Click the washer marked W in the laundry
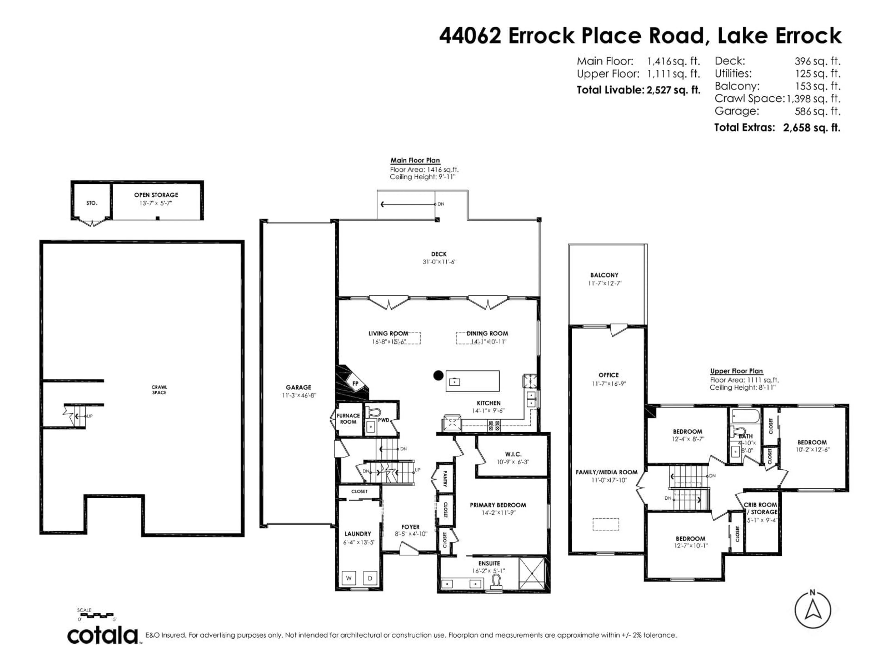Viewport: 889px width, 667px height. [x=348, y=578]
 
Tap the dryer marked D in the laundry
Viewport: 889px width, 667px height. [x=370, y=578]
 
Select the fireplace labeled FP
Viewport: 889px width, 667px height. [x=355, y=384]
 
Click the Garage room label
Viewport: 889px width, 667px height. [x=298, y=387]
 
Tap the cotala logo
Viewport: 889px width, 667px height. [x=103, y=636]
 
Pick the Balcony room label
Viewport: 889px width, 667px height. [x=604, y=275]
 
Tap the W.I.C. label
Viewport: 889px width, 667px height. [x=513, y=454]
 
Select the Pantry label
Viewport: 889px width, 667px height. [x=445, y=478]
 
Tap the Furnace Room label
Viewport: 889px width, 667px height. [x=348, y=418]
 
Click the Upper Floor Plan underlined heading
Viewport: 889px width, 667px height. [x=736, y=371]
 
